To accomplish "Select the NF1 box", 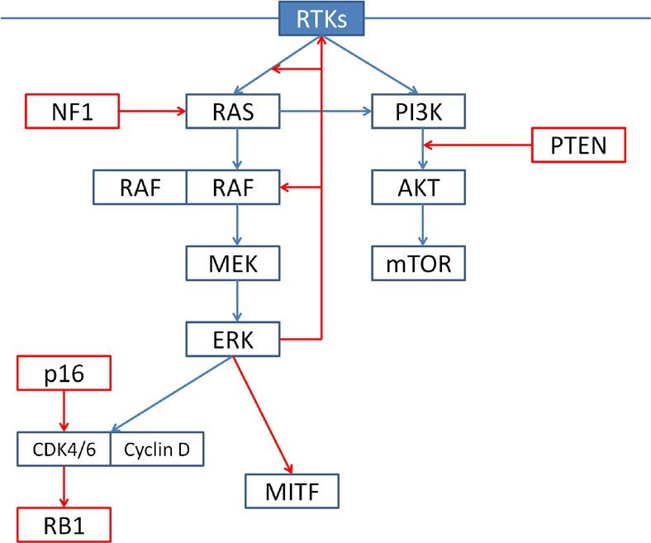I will click(73, 112).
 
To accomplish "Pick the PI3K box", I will click(421, 112).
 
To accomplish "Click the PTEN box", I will click(578, 146).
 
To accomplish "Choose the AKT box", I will click(421, 188).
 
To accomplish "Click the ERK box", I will click(235, 339).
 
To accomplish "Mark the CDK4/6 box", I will click(64, 450).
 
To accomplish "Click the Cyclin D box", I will click(156, 450).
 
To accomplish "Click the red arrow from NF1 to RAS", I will click(153, 112).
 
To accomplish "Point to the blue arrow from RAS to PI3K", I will click(326, 112).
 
